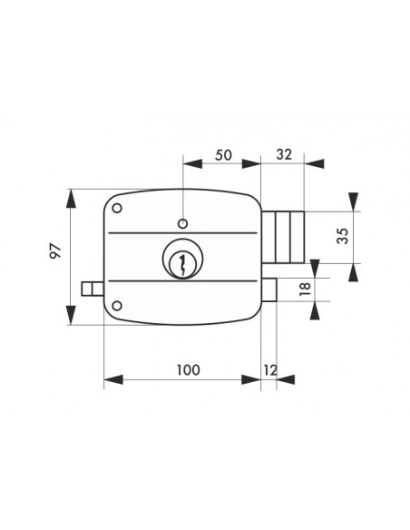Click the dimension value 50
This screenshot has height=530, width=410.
point(223,155)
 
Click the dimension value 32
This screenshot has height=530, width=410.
point(284,154)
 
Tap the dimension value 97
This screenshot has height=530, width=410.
point(55,250)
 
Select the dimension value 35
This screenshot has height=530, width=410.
point(343,236)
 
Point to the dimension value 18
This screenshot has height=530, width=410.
point(305,289)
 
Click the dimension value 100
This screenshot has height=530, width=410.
point(189,370)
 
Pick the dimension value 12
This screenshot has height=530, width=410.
point(270,370)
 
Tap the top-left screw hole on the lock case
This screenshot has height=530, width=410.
point(117,208)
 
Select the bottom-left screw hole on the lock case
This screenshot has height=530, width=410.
point(117,306)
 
